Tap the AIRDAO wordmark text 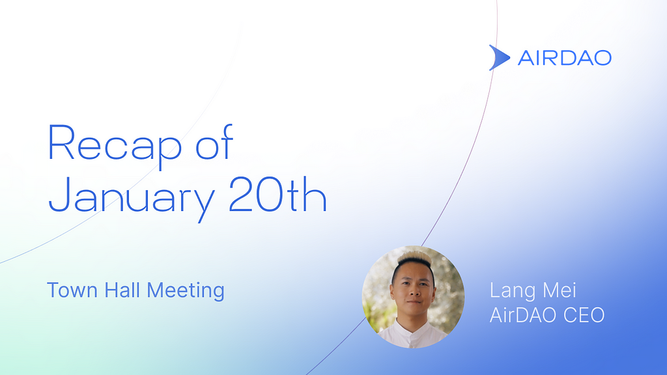pyautogui.click(x=565, y=58)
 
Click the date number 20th pyautogui.click(x=277, y=193)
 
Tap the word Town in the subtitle pyautogui.click(x=72, y=290)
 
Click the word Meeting pyautogui.click(x=186, y=291)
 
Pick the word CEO pyautogui.click(x=584, y=315)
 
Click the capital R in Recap pyautogui.click(x=61, y=142)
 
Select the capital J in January pyautogui.click(x=59, y=194)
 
